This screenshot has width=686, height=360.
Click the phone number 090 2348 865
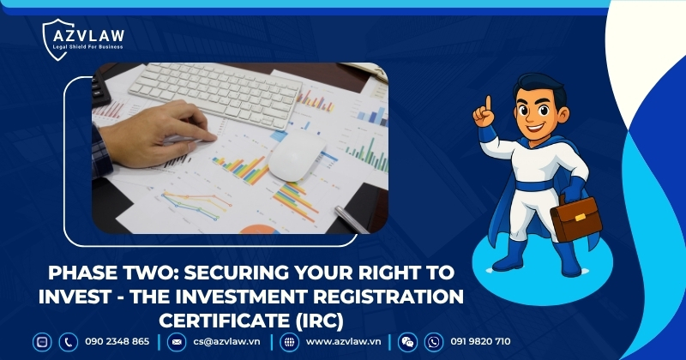click(117, 341)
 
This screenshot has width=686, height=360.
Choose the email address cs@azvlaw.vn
click(226, 341)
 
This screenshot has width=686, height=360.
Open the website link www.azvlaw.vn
click(343, 341)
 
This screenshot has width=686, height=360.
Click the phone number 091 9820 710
click(479, 341)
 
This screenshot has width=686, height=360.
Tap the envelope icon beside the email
click(176, 341)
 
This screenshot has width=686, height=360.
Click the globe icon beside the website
click(289, 341)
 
